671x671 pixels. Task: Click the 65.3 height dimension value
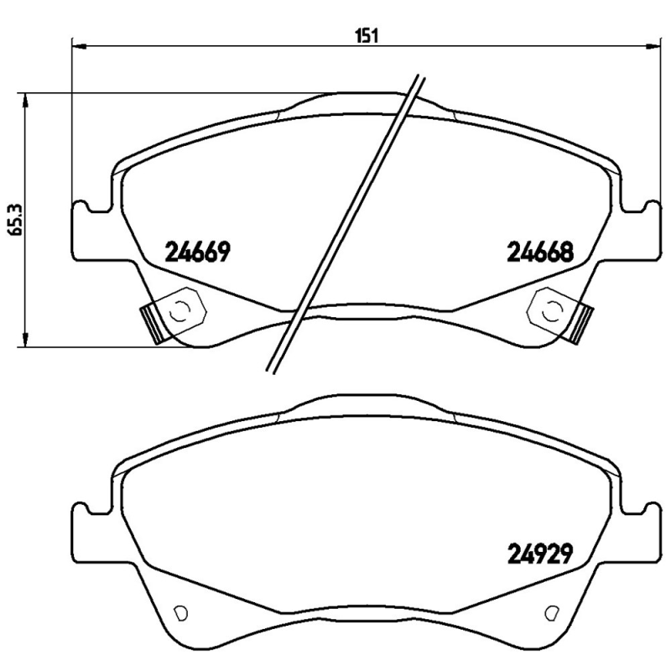[x=13, y=220]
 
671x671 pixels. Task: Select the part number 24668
[x=539, y=251]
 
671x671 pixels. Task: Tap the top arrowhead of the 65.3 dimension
[x=27, y=99]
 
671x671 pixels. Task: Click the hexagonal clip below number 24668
[x=549, y=310]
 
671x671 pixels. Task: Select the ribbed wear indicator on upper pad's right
[x=582, y=322]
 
